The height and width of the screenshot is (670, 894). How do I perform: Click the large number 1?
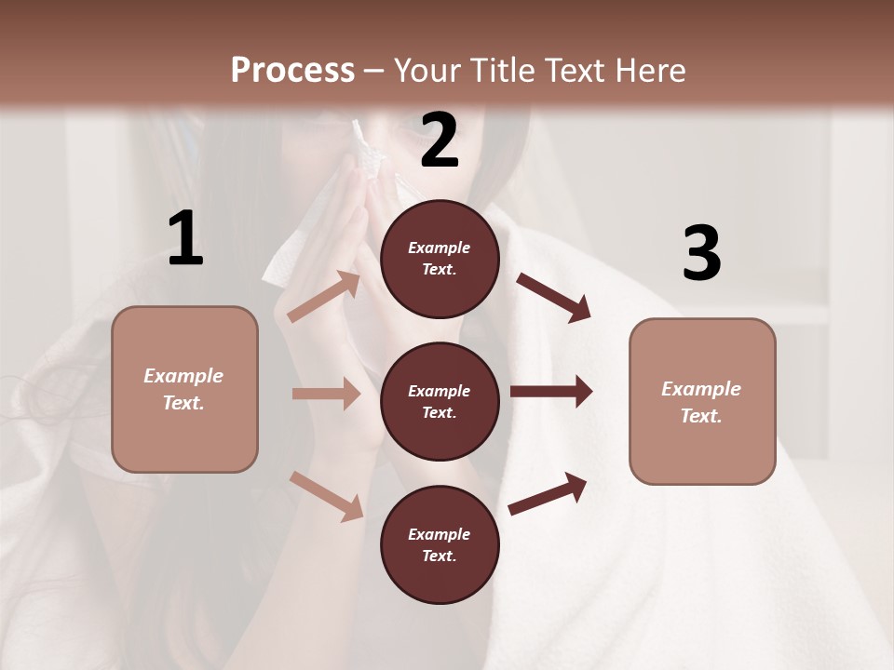[x=185, y=239]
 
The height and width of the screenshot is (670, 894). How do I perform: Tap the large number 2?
[x=440, y=141]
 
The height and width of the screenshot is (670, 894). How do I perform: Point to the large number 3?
[x=701, y=254]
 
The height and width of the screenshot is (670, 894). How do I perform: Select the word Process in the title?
[x=292, y=70]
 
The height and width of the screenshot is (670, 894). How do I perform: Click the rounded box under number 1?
[x=184, y=389]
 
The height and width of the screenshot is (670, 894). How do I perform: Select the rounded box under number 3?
[x=702, y=401]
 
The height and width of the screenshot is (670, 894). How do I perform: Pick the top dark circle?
[x=440, y=259]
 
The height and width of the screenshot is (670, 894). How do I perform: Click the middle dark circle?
[x=440, y=401]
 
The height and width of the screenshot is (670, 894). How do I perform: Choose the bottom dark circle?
[x=440, y=544]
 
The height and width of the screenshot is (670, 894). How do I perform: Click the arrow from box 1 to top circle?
[x=324, y=297]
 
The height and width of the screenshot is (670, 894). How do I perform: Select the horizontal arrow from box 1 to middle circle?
[x=326, y=394]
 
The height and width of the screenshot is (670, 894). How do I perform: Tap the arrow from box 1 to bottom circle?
[x=326, y=496]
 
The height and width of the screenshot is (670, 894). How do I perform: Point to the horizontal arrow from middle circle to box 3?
[x=551, y=392]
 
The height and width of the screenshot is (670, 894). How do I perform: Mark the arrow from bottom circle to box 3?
[x=548, y=493]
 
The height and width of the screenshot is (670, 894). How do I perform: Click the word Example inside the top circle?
[x=440, y=248]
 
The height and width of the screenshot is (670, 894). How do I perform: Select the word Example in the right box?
[x=701, y=389]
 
